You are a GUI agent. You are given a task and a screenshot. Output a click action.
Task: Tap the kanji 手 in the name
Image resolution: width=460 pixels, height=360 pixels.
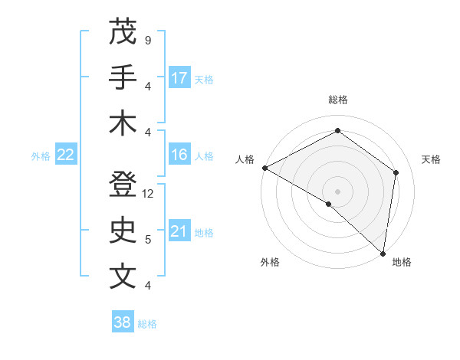(x=123, y=77)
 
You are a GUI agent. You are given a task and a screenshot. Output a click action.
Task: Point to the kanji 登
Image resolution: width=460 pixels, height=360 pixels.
(x=123, y=185)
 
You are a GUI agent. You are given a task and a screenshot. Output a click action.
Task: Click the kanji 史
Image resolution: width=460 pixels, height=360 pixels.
(x=123, y=231)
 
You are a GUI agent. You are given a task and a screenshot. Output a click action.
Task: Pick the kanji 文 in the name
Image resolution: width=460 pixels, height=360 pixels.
(x=123, y=277)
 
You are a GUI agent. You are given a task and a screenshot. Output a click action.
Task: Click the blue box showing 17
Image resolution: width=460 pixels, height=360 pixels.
(x=179, y=77)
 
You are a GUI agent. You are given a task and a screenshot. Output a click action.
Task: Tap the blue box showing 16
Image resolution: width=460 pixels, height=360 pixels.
(x=179, y=155)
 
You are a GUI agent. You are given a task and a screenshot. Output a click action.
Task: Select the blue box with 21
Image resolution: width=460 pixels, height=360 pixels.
(x=179, y=231)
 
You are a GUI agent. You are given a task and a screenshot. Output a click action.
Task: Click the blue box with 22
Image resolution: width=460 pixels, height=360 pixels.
(x=66, y=155)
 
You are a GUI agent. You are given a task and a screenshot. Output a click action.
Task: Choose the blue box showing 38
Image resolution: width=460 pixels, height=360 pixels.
(x=123, y=322)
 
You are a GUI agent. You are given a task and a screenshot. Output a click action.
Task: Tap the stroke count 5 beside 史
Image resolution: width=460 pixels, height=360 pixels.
(x=148, y=240)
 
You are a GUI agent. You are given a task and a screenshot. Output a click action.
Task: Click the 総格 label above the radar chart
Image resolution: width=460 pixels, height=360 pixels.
(x=338, y=100)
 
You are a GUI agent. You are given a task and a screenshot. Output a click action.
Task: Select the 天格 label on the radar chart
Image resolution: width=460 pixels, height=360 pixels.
(x=431, y=159)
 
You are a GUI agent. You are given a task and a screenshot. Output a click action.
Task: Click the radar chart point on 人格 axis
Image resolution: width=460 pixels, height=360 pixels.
(x=264, y=168)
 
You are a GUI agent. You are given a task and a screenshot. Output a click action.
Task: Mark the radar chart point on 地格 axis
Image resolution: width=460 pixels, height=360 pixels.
(x=383, y=253)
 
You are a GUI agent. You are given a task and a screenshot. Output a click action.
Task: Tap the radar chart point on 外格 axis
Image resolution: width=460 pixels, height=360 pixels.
(x=329, y=204)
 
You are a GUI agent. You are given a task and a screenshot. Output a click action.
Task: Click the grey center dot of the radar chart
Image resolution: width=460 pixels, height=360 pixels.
(x=338, y=191)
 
